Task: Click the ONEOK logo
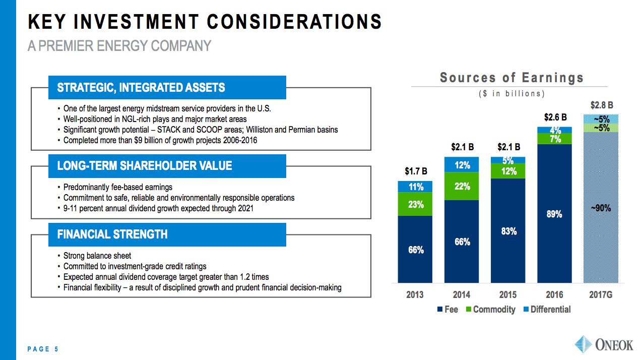pos(604,345)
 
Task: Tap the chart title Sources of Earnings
pos(511,78)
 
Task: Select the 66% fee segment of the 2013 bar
pos(415,250)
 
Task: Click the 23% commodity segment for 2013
pos(415,204)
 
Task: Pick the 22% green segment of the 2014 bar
pos(462,186)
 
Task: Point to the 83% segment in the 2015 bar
pos(508,230)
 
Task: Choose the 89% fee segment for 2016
pos(554,214)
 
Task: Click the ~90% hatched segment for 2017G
pos(601,207)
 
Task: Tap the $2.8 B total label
pos(601,105)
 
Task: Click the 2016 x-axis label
pos(554,295)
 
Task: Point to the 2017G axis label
pos(601,295)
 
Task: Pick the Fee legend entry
pos(447,310)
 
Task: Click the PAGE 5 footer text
pos(43,349)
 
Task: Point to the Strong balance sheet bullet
pos(97,256)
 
